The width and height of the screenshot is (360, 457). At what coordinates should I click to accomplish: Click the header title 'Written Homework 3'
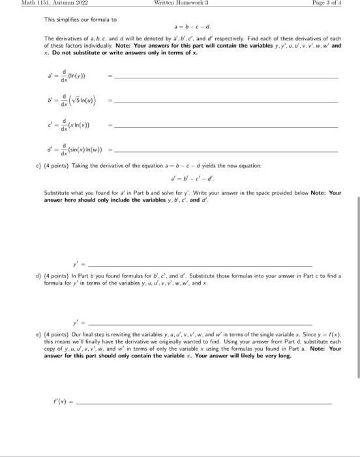coord(179,3)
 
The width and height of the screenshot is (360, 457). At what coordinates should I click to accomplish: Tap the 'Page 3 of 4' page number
coord(332,3)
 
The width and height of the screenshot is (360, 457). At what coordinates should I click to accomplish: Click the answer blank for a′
coord(225,79)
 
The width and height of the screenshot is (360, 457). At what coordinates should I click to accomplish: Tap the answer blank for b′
coord(225,103)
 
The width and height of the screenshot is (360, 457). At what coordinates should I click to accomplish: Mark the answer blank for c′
coord(225,127)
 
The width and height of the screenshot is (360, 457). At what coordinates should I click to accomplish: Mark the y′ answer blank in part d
coord(199,324)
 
